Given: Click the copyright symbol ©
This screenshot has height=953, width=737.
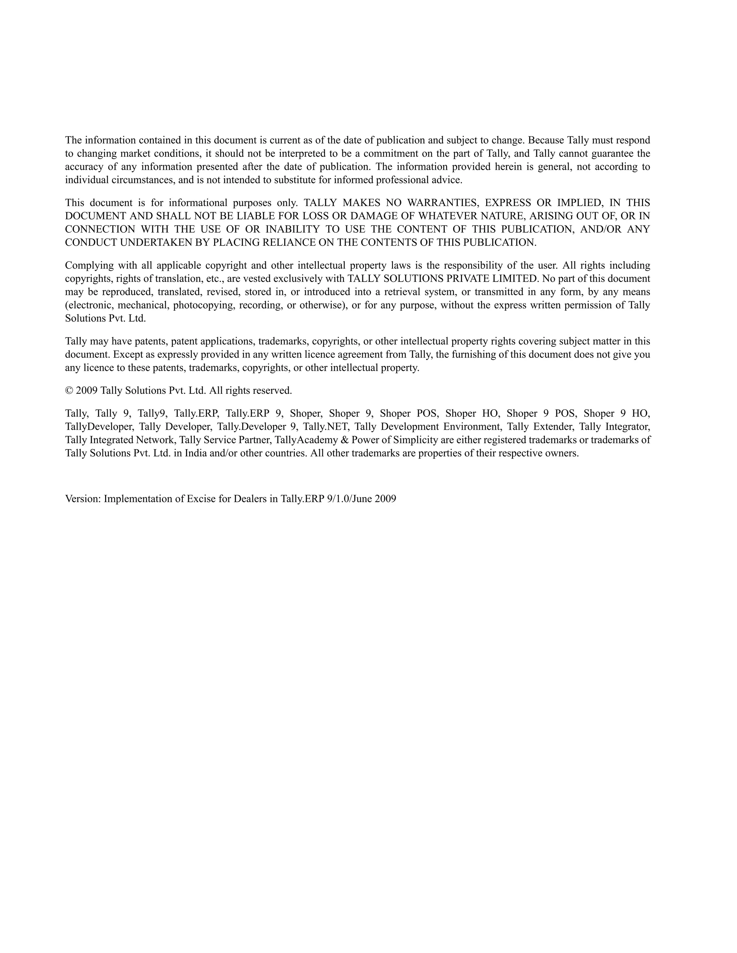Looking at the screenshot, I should (x=69, y=391).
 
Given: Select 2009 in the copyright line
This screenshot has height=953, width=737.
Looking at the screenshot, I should (x=86, y=391).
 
